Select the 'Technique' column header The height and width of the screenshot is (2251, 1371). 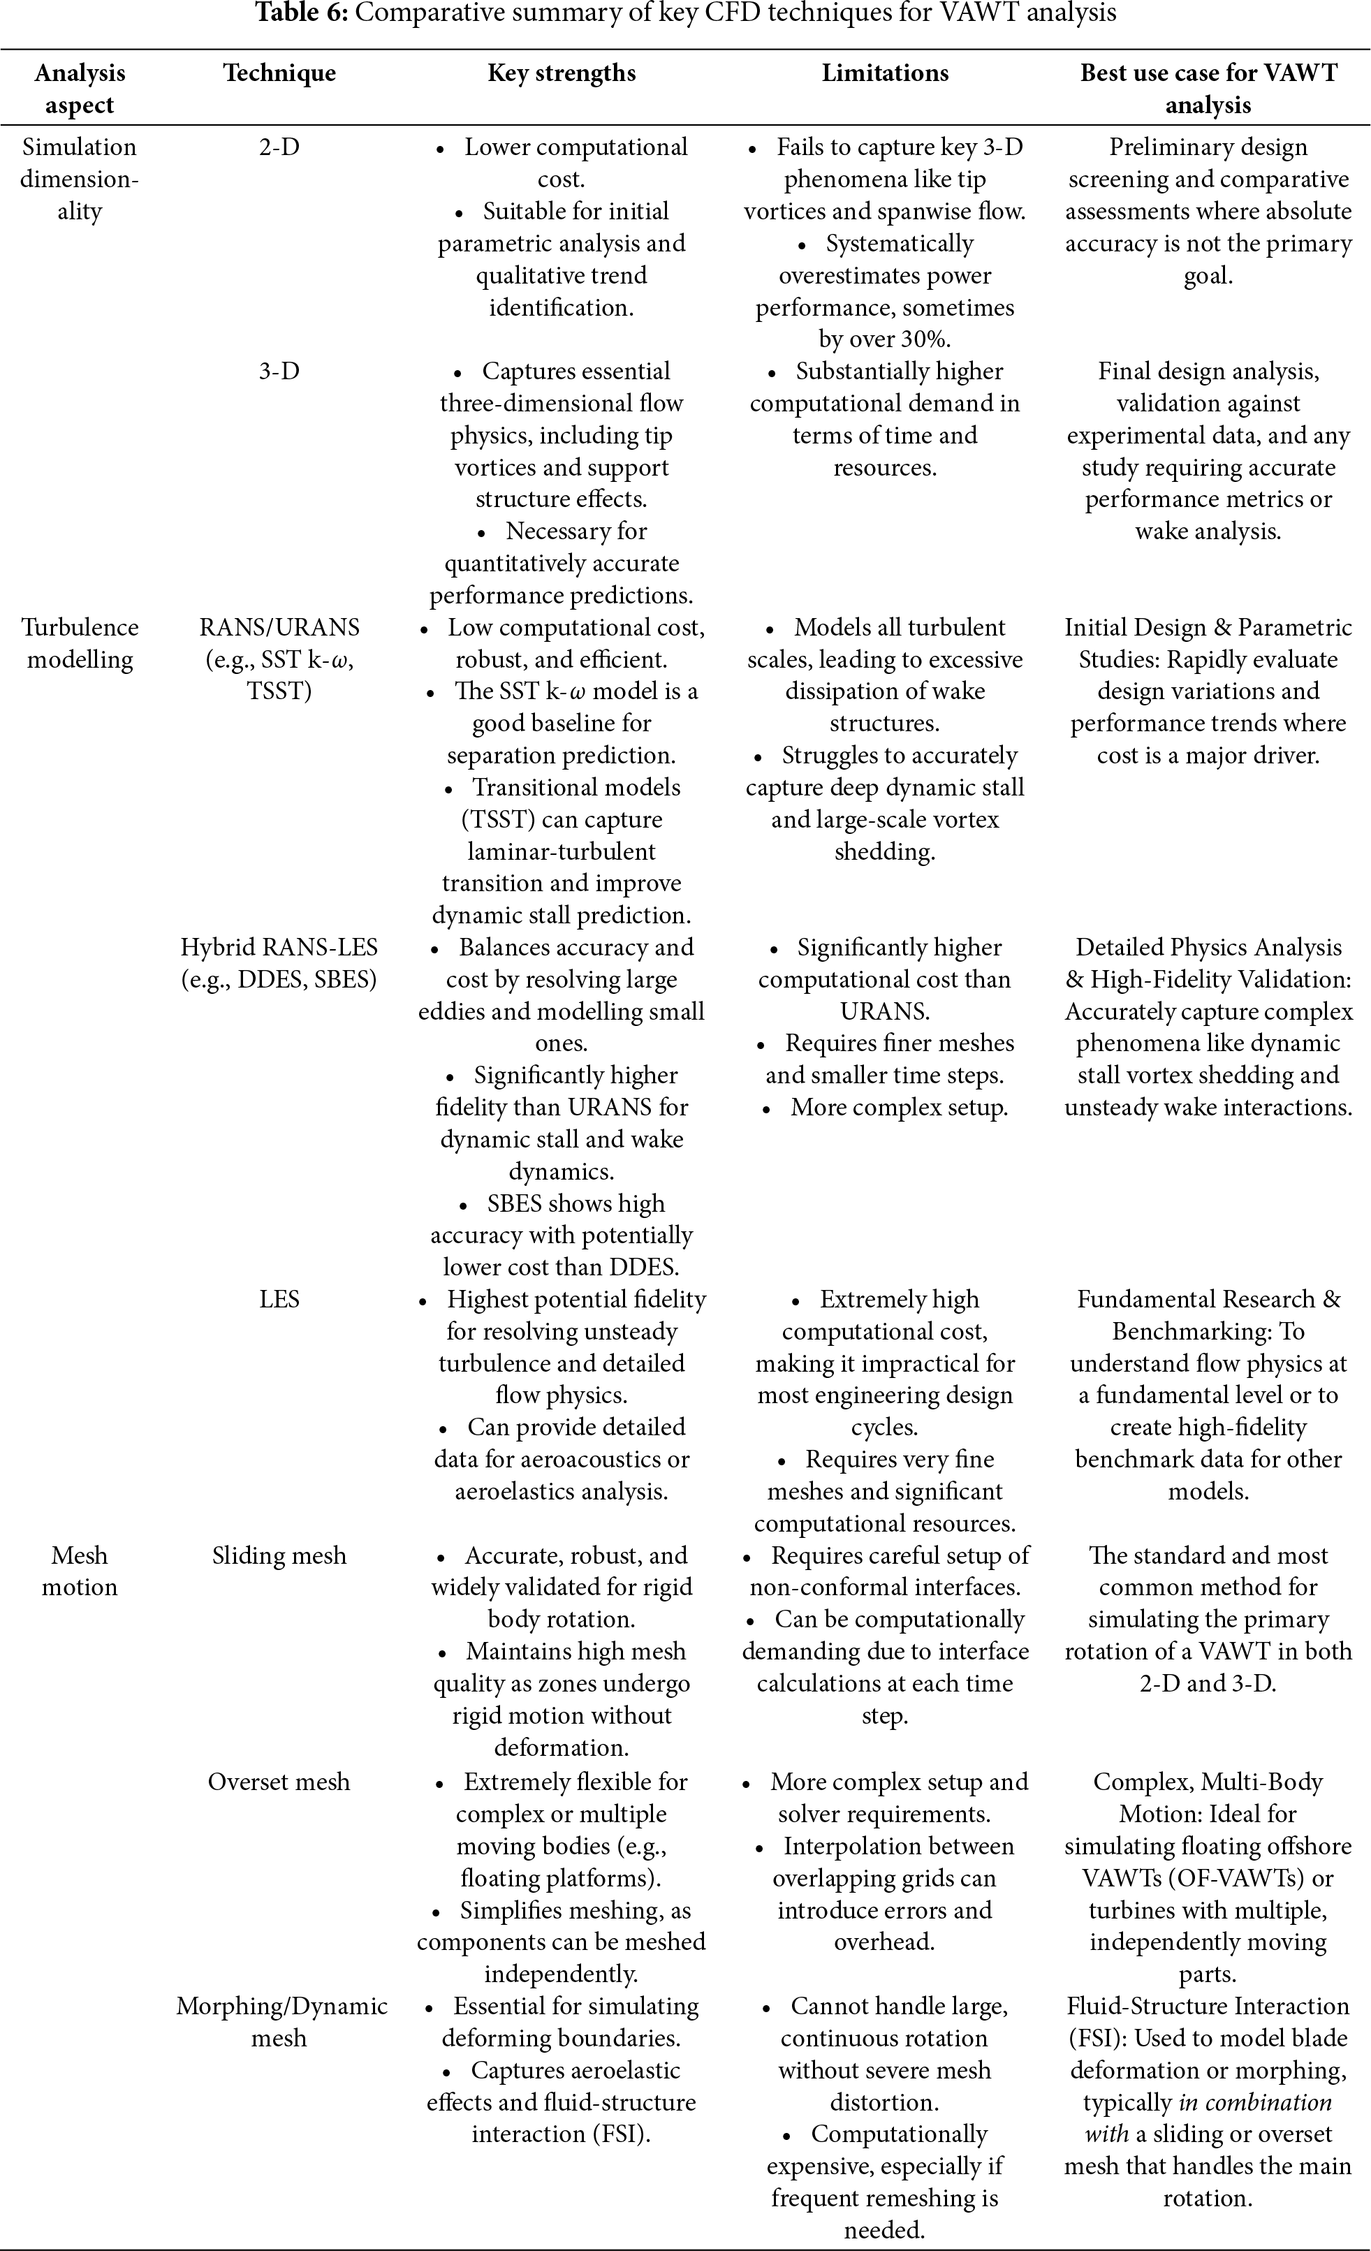click(x=279, y=73)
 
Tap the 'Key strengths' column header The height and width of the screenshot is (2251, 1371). click(x=562, y=73)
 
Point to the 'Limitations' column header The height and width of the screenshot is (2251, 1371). click(x=885, y=73)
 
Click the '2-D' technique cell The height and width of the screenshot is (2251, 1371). click(x=279, y=147)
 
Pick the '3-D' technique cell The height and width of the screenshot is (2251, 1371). click(x=279, y=371)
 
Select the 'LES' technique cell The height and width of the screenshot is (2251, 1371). click(x=279, y=1299)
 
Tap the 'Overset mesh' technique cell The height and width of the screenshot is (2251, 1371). click(x=279, y=1782)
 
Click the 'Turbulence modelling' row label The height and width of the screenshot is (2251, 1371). click(x=80, y=643)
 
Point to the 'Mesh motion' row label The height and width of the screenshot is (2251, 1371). click(x=80, y=1571)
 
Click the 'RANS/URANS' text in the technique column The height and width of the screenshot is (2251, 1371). click(x=279, y=628)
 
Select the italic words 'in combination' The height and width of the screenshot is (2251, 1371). click(x=1255, y=2102)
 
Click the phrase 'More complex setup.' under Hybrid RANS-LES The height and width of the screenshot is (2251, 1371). click(x=899, y=1107)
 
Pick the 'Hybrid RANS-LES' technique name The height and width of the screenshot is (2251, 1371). click(x=279, y=947)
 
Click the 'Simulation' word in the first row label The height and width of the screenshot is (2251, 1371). click(x=80, y=147)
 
